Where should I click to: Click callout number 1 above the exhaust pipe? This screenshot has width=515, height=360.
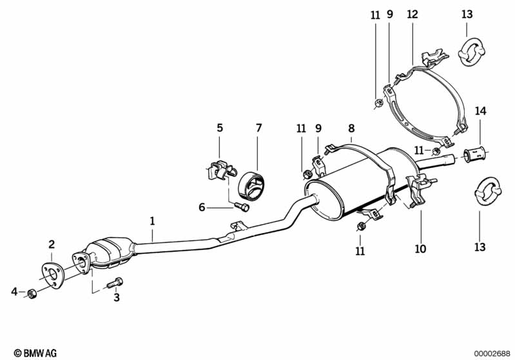click(x=153, y=221)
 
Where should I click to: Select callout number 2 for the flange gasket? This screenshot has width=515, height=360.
click(x=52, y=244)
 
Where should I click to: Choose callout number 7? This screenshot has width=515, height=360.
click(x=258, y=128)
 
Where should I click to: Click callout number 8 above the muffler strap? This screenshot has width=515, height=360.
click(x=351, y=128)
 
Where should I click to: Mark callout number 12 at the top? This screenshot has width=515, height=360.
click(x=412, y=14)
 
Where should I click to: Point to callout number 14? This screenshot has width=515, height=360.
click(x=480, y=110)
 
